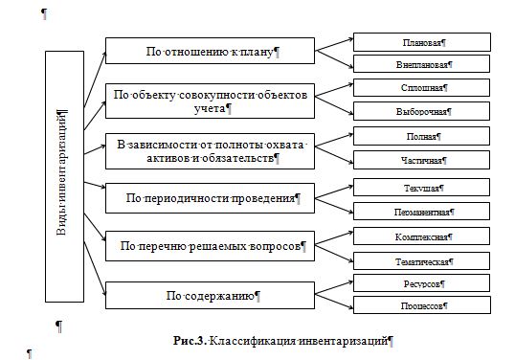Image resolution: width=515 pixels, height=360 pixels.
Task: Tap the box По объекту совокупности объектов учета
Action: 211,101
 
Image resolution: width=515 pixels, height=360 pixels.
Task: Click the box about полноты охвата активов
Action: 211,150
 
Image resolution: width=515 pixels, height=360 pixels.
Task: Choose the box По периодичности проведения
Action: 211,199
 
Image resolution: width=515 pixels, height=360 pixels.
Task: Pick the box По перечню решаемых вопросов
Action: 211,246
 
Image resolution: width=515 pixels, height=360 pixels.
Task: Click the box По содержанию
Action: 211,294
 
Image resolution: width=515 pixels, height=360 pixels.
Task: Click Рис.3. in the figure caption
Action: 190,340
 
